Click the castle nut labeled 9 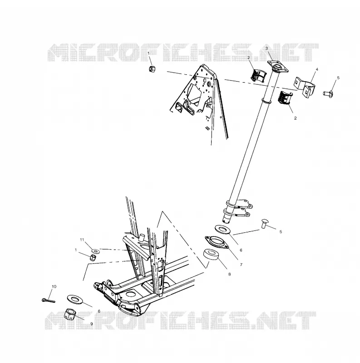coord(70,314)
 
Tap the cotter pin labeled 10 coord(49,300)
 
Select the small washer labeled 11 coord(95,251)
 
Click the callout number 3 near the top coord(266,48)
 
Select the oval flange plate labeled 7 coord(217,242)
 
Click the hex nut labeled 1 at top coord(152,69)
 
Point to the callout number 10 coord(54,287)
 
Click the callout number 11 coord(82,240)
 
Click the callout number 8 coord(230,275)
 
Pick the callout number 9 coord(92,324)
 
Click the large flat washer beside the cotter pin coord(76,299)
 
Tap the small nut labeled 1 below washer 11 coord(93,257)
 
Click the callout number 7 coord(241,265)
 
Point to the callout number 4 coord(317,69)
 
